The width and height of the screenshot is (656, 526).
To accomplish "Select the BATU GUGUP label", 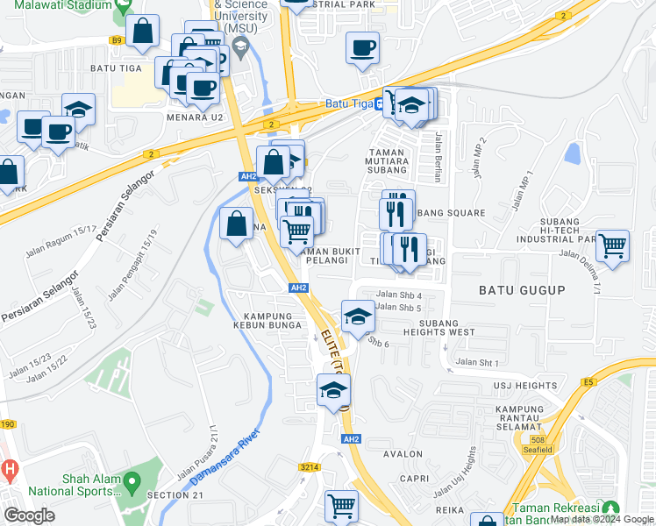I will pos(522,289).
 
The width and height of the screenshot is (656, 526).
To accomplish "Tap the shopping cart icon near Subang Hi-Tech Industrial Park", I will pos(612,245).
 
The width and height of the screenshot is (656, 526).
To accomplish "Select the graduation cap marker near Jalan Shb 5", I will pos(357,317).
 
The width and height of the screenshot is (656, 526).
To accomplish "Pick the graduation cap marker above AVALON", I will pos(333,390).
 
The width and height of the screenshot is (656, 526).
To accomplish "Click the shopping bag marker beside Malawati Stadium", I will pos(142,32).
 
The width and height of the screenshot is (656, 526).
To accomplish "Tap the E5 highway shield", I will pos(588,381).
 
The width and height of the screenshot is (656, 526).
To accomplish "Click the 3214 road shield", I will pos(308,468).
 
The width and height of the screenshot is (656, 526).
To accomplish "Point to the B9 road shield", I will pos(117,39).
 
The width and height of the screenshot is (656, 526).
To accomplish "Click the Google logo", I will pos(30,515).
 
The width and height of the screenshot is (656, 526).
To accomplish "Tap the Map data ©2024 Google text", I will pos(603,520).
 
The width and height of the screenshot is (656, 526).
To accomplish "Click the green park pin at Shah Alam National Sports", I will pos(132,480).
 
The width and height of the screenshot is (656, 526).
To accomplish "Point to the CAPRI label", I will pos(414,479).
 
